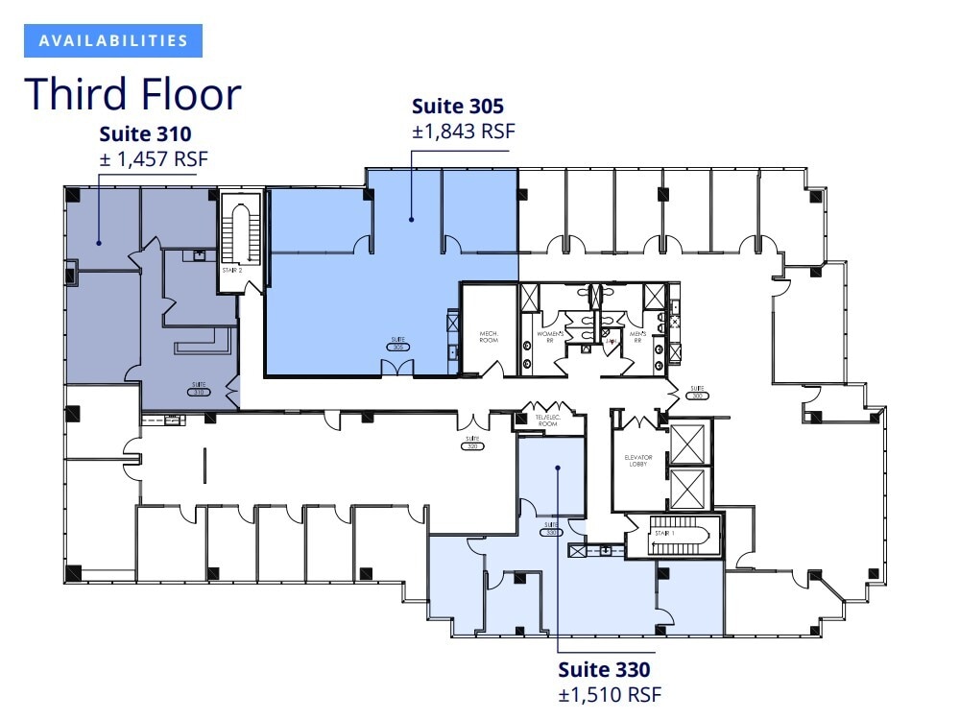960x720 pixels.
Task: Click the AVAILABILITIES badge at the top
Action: click(113, 40)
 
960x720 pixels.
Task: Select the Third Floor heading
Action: click(132, 94)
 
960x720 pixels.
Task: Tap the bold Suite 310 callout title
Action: click(146, 134)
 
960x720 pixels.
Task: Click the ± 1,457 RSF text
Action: click(154, 158)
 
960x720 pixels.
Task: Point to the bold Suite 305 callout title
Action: click(458, 106)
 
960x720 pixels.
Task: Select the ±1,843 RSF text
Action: click(464, 132)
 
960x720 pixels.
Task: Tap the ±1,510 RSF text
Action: click(610, 694)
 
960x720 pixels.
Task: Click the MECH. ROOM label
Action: click(490, 337)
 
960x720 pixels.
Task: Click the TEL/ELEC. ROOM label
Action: click(547, 420)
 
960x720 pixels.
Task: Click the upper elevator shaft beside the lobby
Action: click(688, 443)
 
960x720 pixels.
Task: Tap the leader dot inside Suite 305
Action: click(411, 220)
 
